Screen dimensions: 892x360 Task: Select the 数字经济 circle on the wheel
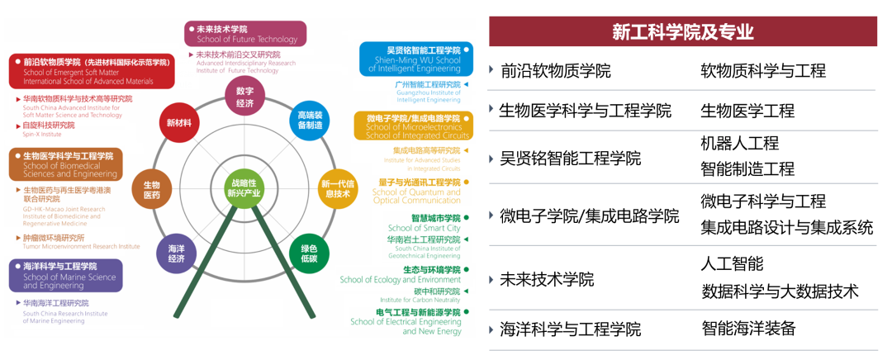point(244,97)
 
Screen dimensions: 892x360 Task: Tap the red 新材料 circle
point(179,123)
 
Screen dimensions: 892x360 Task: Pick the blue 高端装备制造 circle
point(310,121)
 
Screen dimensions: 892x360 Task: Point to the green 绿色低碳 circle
point(309,253)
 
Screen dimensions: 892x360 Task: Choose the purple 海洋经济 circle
point(177,253)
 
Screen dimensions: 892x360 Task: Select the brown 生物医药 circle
point(152,189)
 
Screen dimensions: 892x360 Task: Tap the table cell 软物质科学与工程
point(762,71)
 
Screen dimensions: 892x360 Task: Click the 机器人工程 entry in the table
point(739,143)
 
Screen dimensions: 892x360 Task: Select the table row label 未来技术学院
point(547,279)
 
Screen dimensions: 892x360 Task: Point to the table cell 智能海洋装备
point(747,328)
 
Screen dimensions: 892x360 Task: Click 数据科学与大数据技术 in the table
point(779,291)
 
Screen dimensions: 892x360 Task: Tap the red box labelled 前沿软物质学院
point(92,71)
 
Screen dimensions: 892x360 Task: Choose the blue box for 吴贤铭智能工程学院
point(416,59)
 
